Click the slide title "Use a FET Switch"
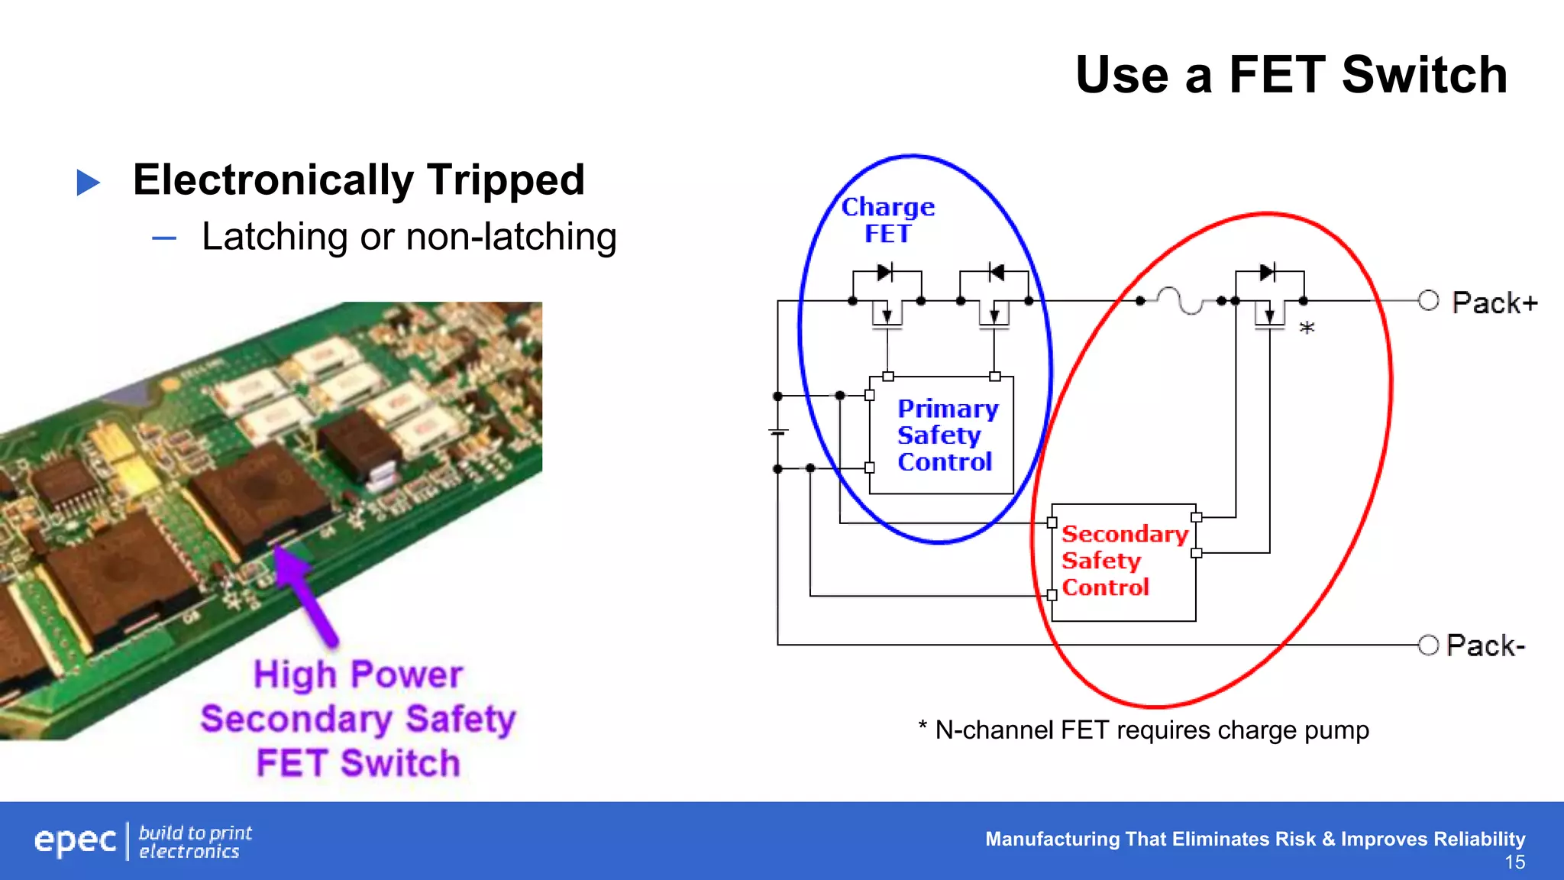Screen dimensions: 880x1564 click(x=1291, y=75)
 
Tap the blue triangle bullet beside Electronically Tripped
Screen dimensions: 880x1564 click(x=89, y=183)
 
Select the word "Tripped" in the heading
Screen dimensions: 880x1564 click(x=506, y=180)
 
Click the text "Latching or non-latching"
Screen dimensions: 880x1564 click(x=409, y=237)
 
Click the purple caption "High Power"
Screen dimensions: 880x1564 click(x=357, y=675)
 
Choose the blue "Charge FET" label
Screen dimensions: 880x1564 click(x=887, y=220)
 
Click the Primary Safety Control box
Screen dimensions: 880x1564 click(x=942, y=435)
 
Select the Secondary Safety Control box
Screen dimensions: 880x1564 click(x=1123, y=561)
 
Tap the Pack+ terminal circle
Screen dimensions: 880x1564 click(x=1428, y=301)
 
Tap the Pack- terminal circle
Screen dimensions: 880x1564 click(x=1428, y=645)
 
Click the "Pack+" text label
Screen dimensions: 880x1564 click(x=1494, y=303)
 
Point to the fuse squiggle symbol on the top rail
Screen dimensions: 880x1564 click(x=1180, y=300)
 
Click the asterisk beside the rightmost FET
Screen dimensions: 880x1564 click(x=1307, y=328)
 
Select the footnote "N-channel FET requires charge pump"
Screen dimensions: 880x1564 click(x=1151, y=730)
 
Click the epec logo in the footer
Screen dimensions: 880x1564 click(x=75, y=840)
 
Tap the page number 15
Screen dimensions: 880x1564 click(x=1514, y=862)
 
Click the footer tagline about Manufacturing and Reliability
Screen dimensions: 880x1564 click(x=1255, y=839)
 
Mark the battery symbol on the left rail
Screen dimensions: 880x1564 click(x=778, y=432)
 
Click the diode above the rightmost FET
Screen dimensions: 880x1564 click(x=1268, y=272)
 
